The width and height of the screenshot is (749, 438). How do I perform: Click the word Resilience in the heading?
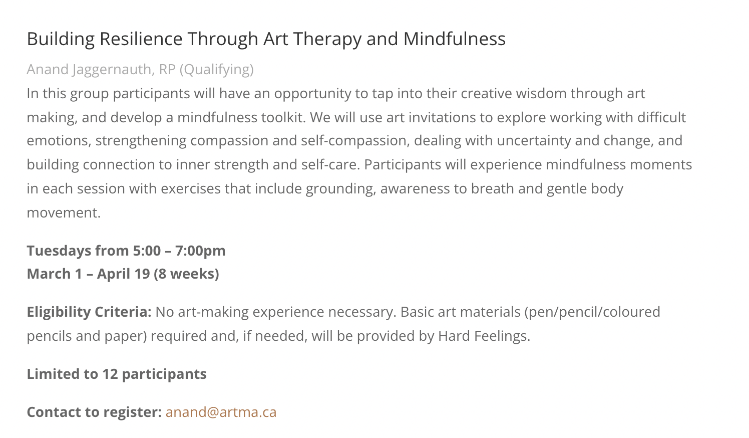pyautogui.click(x=141, y=39)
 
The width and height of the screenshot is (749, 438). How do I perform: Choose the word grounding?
pyautogui.click(x=341, y=189)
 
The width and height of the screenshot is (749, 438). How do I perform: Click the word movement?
pyautogui.click(x=64, y=213)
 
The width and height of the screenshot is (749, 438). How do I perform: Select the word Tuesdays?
pyautogui.click(x=59, y=251)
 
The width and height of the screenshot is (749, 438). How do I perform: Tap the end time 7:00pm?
pyautogui.click(x=200, y=251)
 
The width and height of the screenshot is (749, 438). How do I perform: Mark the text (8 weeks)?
pyautogui.click(x=186, y=274)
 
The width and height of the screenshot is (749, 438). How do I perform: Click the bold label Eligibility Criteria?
pyautogui.click(x=89, y=312)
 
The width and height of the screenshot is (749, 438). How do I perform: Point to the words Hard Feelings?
pyautogui.click(x=484, y=336)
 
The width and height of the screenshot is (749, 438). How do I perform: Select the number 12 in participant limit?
pyautogui.click(x=110, y=374)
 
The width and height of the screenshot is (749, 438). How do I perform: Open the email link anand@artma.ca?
pyautogui.click(x=221, y=412)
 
